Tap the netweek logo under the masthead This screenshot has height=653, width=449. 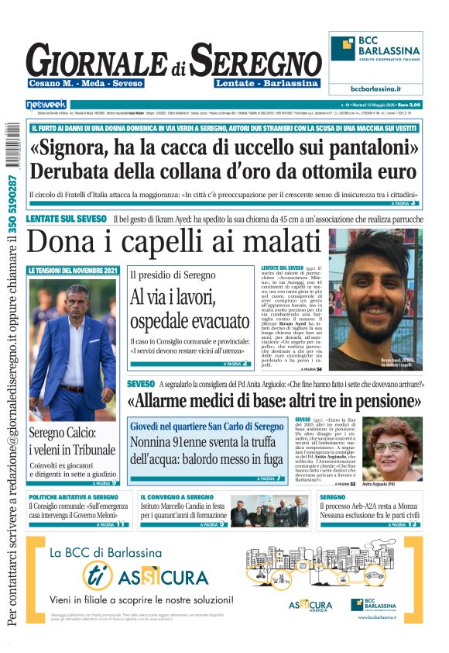46,104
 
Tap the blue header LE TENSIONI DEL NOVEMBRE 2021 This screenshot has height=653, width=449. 74,271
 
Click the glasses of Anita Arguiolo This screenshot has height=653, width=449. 392,447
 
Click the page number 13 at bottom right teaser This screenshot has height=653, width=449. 413,524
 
